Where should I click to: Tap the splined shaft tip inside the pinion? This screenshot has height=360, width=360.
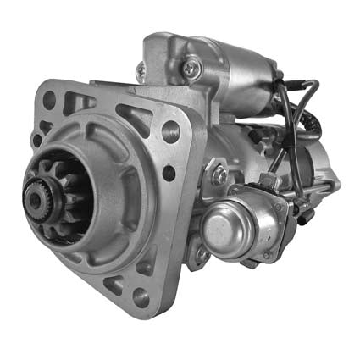(36, 197)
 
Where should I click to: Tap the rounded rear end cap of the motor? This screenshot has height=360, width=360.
(326, 169)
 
